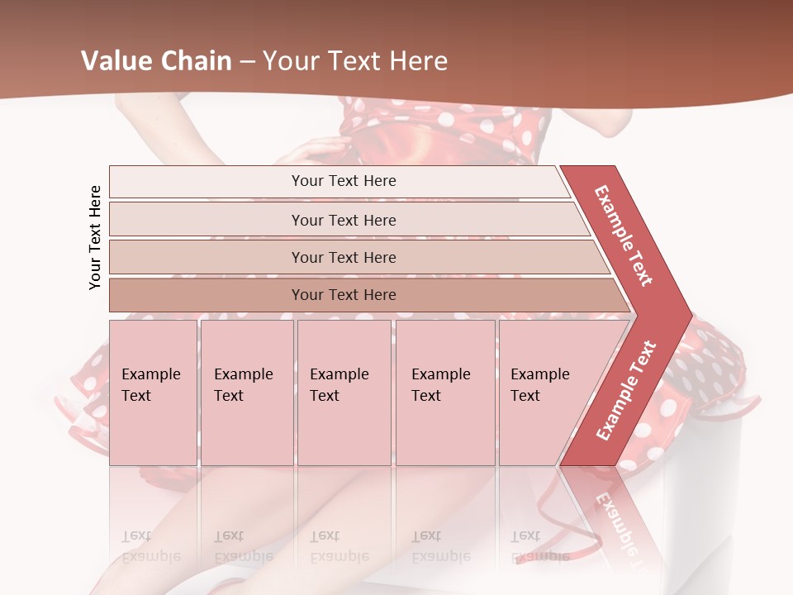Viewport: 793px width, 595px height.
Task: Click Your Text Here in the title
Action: coord(355,61)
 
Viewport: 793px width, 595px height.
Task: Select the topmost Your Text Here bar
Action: coord(343,181)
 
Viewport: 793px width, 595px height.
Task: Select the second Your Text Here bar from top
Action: coord(343,220)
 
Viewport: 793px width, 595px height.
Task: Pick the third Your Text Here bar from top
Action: coord(343,258)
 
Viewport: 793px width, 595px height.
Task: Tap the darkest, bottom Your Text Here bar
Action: coord(343,295)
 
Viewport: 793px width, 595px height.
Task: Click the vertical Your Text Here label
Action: coord(95,237)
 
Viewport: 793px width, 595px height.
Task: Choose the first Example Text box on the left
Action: coord(153,392)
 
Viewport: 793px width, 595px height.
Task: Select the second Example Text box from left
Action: coord(246,392)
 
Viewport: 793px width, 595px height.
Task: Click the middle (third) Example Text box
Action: coord(343,392)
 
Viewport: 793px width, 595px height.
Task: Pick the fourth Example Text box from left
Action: coord(444,392)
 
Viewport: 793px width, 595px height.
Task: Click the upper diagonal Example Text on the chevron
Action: coord(624,236)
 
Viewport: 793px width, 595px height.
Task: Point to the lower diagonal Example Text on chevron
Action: coord(626,390)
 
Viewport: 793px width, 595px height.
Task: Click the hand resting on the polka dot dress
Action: coord(314,151)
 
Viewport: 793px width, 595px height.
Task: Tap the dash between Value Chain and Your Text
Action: coord(247,62)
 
